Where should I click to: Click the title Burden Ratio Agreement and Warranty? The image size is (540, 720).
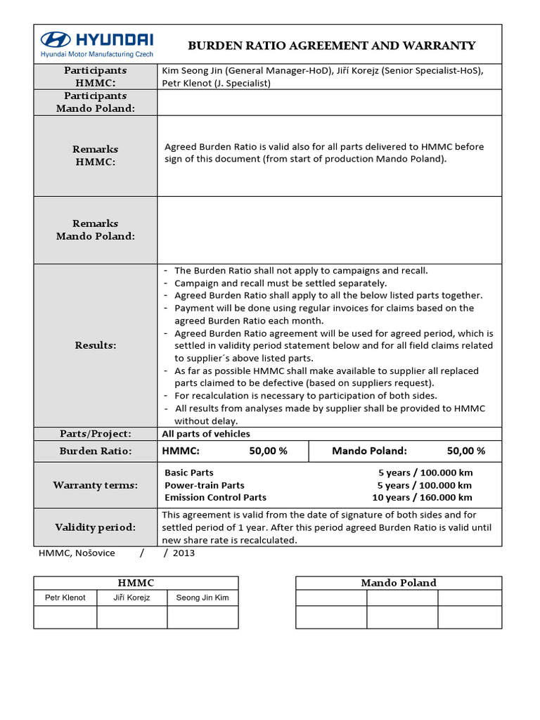coord(332,46)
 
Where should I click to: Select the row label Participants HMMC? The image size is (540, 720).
coord(96,77)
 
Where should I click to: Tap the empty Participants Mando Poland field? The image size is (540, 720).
coord(329,102)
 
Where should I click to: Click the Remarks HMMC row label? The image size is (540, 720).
coord(96,155)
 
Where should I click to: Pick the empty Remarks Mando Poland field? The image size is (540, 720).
coord(329,230)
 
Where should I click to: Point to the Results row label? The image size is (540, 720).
coord(96,345)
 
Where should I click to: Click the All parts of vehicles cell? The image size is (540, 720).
coord(206,434)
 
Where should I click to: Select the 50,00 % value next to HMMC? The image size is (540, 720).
coord(268,451)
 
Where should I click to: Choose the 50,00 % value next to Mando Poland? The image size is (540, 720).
coord(465,451)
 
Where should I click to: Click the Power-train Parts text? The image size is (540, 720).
coord(204,485)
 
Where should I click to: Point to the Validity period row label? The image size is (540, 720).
coord(96,527)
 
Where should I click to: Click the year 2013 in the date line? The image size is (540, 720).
coord(183,553)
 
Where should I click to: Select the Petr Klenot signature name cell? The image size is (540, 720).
coord(65,598)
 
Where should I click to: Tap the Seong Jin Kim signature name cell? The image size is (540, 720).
coord(202,598)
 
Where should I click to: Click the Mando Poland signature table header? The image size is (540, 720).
coord(399,583)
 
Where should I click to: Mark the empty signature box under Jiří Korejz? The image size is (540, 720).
coord(131,617)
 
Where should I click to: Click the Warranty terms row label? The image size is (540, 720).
coord(96,485)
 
